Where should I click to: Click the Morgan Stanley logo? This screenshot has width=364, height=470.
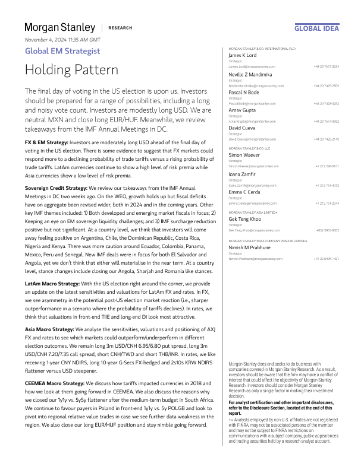pyautogui.click(x=59, y=27)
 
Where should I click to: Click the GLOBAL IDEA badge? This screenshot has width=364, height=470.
pyautogui.click(x=317, y=28)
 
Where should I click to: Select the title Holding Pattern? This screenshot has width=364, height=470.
pyautogui.click(x=71, y=70)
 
